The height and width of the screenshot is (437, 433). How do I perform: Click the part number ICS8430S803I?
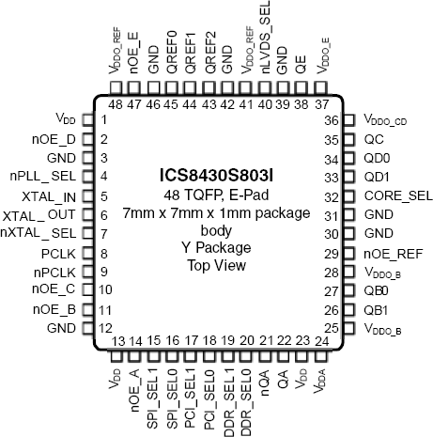(x=216, y=176)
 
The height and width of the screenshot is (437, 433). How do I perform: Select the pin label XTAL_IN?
(x=49, y=197)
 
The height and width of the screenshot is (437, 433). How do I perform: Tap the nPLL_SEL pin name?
(x=43, y=176)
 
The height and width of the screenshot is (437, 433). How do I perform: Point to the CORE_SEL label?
(x=398, y=196)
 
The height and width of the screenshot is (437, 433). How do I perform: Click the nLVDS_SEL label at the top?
(x=265, y=38)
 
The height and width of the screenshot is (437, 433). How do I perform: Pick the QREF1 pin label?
(x=191, y=54)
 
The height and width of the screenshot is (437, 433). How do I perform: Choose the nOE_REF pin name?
(x=394, y=254)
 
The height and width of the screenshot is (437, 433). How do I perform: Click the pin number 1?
(x=104, y=119)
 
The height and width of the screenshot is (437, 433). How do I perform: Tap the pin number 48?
(x=116, y=104)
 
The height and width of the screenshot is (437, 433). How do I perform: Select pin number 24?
(x=322, y=340)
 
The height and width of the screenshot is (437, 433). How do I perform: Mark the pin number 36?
(x=332, y=120)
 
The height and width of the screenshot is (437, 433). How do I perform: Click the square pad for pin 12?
(x=88, y=328)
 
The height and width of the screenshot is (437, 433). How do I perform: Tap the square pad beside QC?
(x=349, y=139)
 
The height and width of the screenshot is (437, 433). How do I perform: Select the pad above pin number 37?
(x=320, y=87)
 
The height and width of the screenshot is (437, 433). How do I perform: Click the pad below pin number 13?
(x=116, y=356)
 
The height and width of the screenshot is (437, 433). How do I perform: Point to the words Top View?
(x=217, y=266)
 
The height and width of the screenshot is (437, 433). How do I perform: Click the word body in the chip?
(x=216, y=230)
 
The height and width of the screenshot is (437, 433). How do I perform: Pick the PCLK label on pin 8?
(x=58, y=254)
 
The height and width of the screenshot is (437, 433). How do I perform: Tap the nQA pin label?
(x=265, y=382)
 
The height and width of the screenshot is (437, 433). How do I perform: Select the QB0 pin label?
(x=376, y=291)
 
